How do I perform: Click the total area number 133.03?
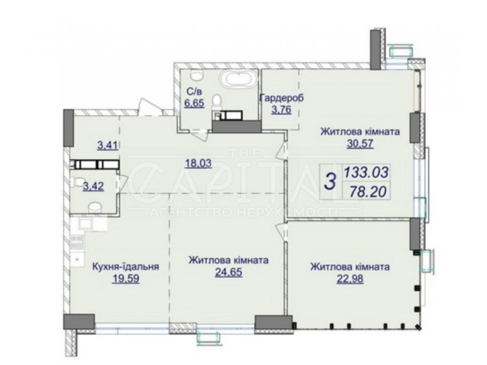click(x=366, y=172)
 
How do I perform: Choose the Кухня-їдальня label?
click(x=125, y=266)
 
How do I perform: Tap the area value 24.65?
click(x=228, y=272)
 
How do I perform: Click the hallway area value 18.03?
click(x=198, y=164)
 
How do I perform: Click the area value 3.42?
click(x=93, y=186)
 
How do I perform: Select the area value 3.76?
click(x=281, y=110)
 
